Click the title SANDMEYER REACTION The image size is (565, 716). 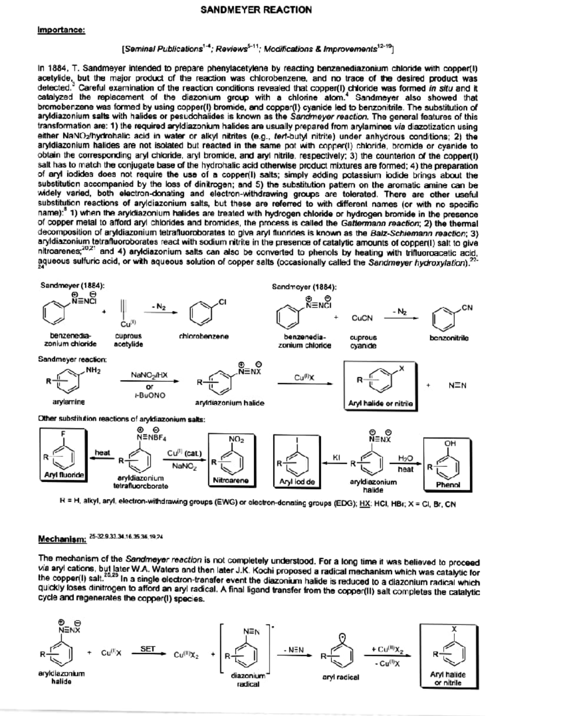click(256, 9)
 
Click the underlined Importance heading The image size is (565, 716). click(61, 30)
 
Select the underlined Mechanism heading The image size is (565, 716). click(62, 538)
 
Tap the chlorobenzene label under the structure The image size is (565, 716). click(204, 336)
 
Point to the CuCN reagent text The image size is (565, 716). click(362, 318)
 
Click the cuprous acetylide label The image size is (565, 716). click(128, 340)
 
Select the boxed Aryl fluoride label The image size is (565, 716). click(64, 475)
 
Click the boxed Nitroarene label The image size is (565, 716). click(231, 480)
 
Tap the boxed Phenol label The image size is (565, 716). click(448, 484)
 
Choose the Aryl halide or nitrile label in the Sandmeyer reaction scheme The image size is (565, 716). click(380, 403)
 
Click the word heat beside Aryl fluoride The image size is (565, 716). click(102, 453)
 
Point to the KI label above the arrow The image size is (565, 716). click(336, 457)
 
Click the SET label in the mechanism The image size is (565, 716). click(148, 649)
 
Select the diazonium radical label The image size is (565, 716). click(248, 680)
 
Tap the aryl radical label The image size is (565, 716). click(340, 677)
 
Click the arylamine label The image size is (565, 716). click(69, 402)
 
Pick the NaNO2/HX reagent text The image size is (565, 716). click(149, 375)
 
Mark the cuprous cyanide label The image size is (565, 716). click(363, 342)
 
